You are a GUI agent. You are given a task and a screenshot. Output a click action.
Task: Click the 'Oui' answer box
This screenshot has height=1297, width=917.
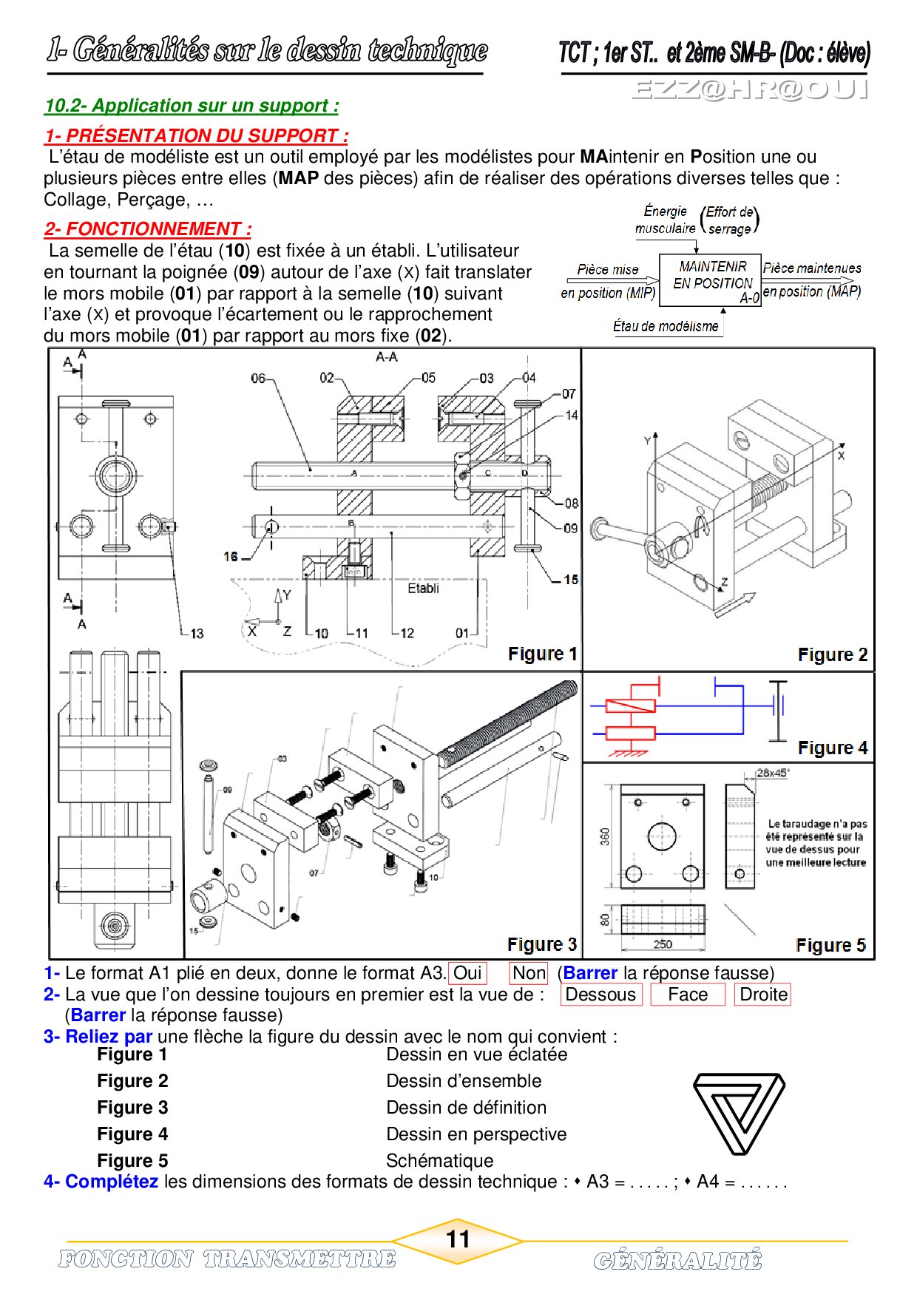coord(467,973)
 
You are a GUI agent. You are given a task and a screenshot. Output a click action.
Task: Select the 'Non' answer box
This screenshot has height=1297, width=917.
coord(529,973)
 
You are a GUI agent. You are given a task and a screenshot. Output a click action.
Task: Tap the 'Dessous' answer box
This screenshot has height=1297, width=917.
coord(600,995)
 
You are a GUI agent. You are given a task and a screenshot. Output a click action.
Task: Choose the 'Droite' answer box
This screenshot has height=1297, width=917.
coord(763,995)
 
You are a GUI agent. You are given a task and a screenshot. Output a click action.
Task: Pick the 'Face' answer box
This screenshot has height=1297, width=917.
coord(687,995)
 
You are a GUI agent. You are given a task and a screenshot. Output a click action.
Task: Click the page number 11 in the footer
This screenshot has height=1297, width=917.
coord(458,1239)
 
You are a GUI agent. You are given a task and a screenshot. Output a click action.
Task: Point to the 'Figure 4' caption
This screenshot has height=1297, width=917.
coord(832,748)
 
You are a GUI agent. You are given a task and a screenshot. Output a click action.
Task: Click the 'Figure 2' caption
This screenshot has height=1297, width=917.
coord(832,655)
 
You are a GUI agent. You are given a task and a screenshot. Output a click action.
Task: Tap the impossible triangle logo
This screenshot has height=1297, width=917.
coord(738,1114)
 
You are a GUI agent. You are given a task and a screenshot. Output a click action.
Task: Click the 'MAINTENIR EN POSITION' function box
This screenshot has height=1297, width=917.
coord(711,280)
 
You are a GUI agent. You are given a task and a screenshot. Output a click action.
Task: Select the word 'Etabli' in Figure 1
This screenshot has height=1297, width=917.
coord(423,589)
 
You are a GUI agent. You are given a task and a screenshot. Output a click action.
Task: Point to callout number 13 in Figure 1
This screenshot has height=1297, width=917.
coord(197,634)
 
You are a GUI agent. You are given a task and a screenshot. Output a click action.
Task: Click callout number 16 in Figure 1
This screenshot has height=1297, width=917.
coord(231,557)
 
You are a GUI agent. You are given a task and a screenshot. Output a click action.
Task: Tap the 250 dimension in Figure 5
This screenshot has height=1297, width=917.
coord(663,944)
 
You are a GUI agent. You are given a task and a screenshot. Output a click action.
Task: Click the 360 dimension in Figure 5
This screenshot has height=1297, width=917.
coord(605,836)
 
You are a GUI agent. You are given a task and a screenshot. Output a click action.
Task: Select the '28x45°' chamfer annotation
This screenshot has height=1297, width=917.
coord(772,773)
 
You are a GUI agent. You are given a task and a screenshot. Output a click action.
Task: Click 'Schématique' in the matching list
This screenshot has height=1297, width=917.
coord(439,1161)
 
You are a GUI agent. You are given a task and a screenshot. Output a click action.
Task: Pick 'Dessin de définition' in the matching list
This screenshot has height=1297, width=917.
coord(466,1108)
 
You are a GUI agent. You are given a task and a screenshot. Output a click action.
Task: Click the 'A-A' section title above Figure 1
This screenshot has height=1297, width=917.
coord(387,357)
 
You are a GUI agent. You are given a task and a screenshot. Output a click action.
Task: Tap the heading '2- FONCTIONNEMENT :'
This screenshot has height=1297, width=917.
coord(148,229)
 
